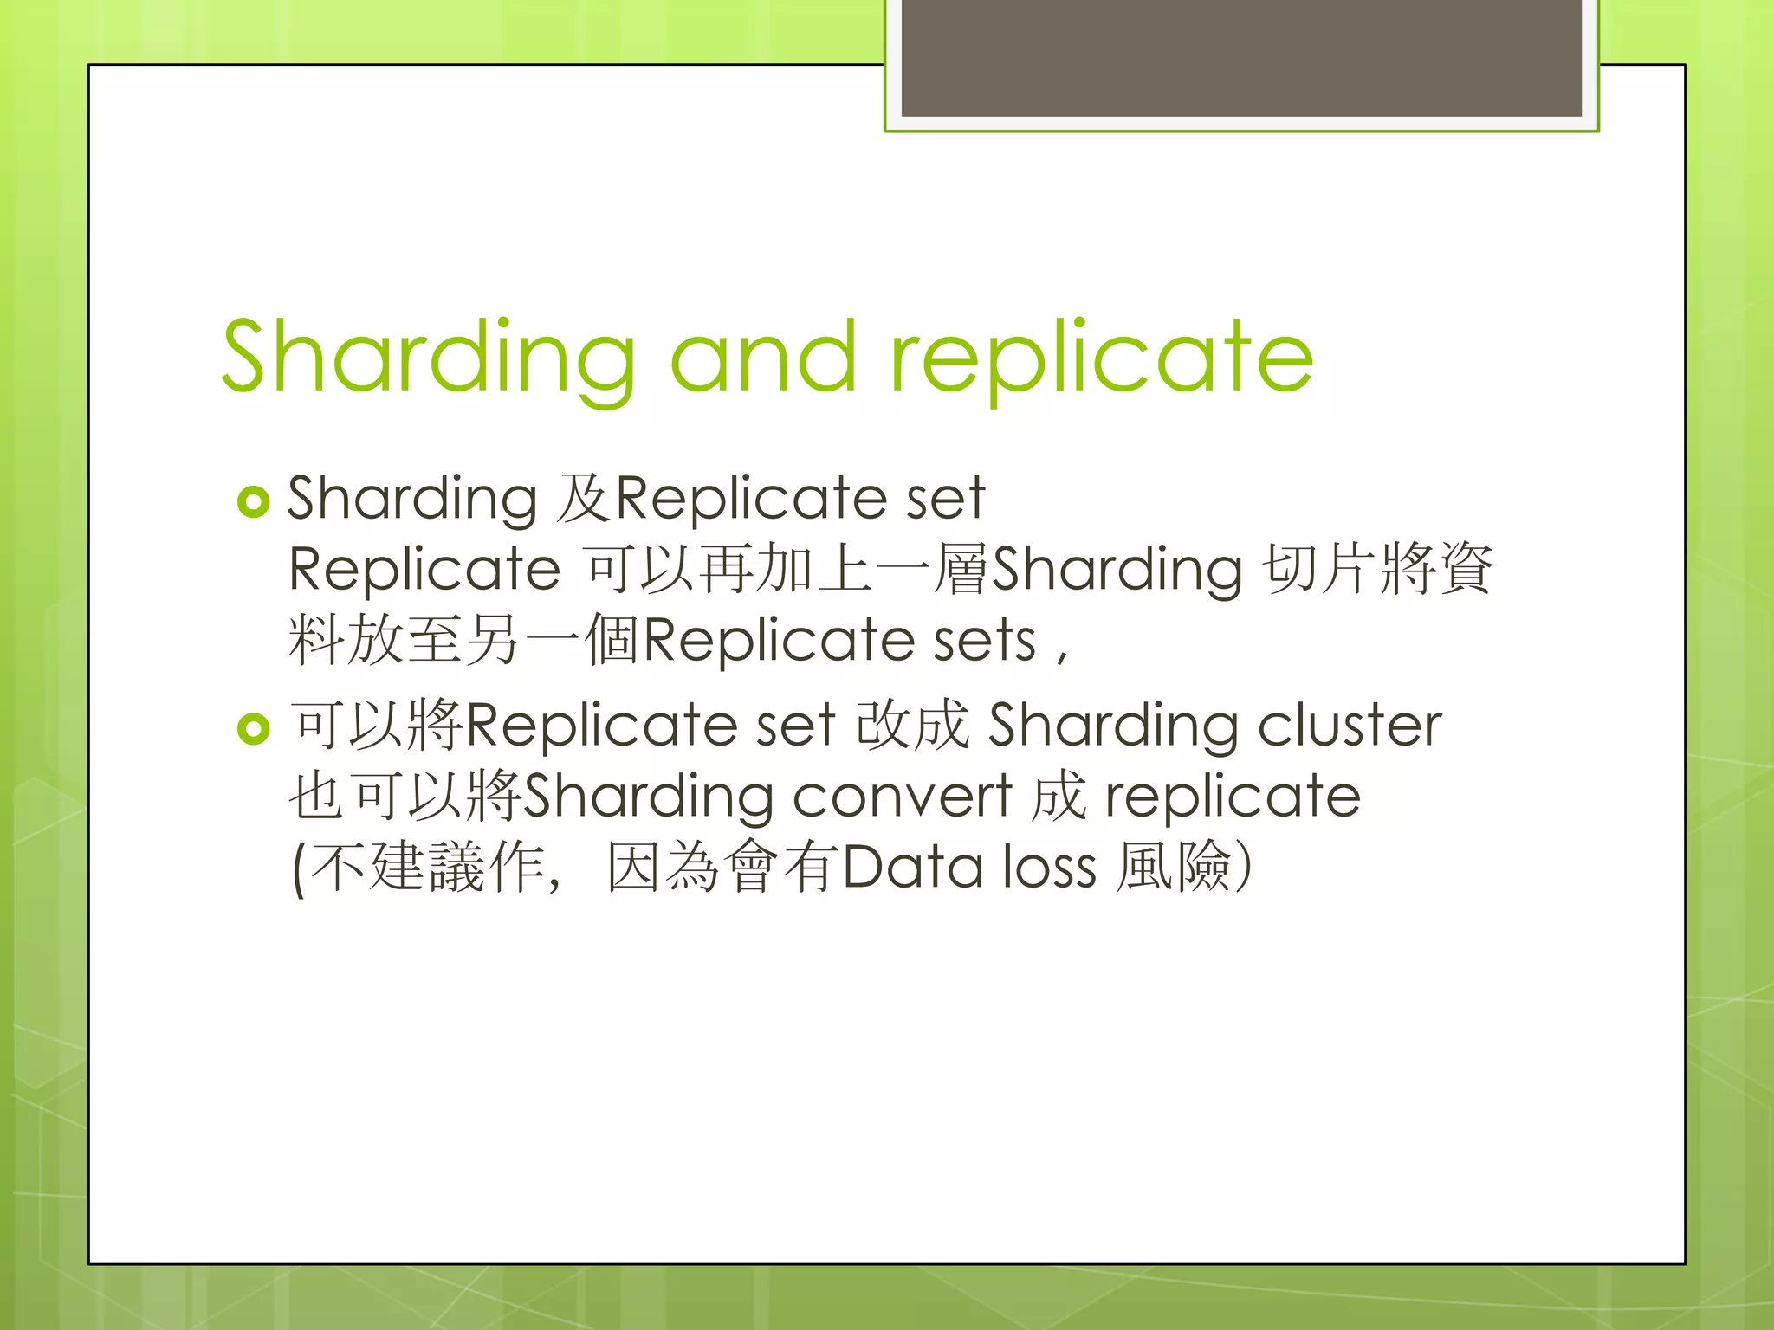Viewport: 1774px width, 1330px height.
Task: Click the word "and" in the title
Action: [763, 357]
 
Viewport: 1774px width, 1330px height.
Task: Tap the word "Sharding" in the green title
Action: [429, 357]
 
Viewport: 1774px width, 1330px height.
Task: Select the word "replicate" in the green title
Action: [1102, 357]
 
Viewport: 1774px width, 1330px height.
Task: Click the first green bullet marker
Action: [254, 501]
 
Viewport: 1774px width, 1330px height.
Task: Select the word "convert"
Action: [902, 796]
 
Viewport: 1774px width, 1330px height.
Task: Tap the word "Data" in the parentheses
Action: [911, 867]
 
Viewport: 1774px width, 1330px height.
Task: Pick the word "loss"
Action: [1050, 867]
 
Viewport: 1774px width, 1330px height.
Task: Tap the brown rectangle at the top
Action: [1241, 58]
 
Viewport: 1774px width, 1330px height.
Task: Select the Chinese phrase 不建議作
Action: [429, 867]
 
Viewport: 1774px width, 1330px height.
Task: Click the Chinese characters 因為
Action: [663, 867]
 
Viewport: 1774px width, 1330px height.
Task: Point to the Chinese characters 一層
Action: [932, 569]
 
